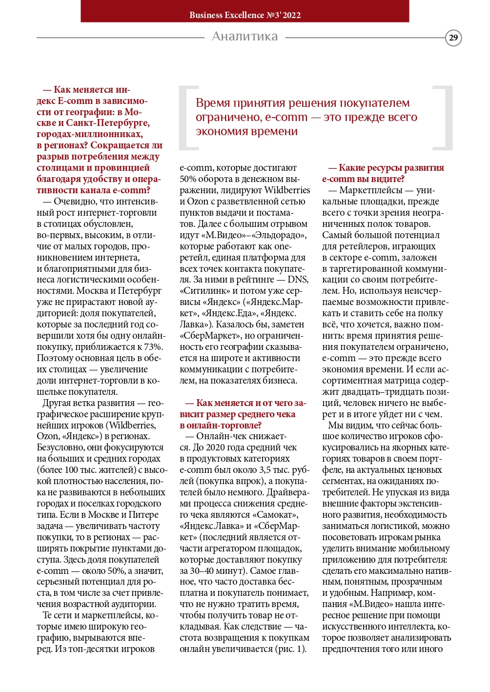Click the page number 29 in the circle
point(453,38)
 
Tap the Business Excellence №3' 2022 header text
point(245,15)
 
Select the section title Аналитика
point(245,37)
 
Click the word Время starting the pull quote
point(213,103)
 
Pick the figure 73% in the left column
point(153,347)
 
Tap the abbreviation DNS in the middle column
point(298,280)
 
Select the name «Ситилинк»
point(203,291)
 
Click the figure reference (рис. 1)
point(291,649)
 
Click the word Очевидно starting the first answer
point(76,202)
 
